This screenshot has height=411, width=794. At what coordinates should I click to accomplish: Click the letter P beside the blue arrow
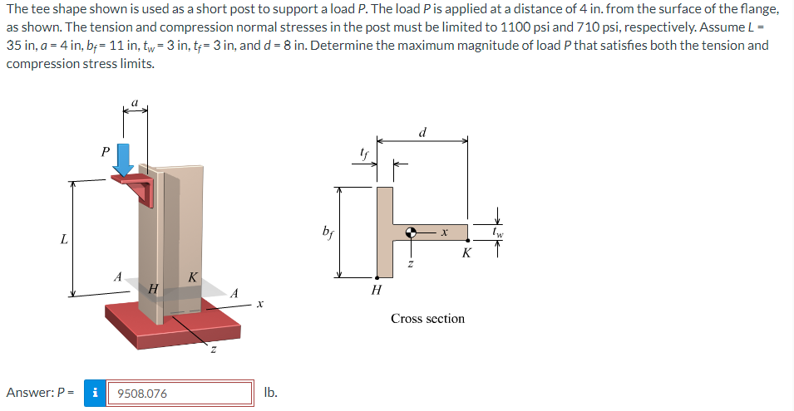pyautogui.click(x=104, y=152)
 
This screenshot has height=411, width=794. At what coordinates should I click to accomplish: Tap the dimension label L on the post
pyautogui.click(x=64, y=240)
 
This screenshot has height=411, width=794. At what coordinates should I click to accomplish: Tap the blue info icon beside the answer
pyautogui.click(x=97, y=393)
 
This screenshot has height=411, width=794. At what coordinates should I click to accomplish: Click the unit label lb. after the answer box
pyautogui.click(x=269, y=392)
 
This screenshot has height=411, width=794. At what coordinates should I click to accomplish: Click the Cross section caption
pyautogui.click(x=427, y=318)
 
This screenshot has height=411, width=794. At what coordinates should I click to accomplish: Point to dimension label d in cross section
pyautogui.click(x=423, y=131)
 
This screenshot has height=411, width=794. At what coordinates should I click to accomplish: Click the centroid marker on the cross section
pyautogui.click(x=411, y=233)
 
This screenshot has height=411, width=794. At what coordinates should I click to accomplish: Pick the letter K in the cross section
pyautogui.click(x=466, y=254)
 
